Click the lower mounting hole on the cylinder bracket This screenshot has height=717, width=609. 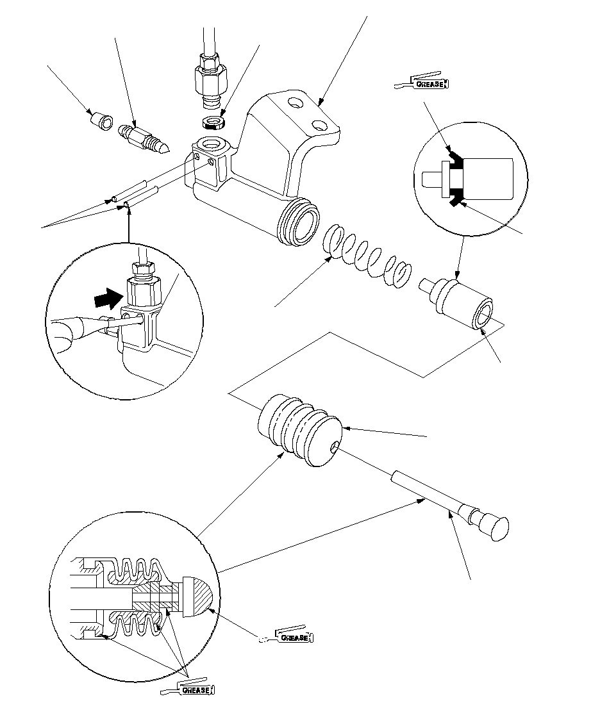(319, 122)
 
